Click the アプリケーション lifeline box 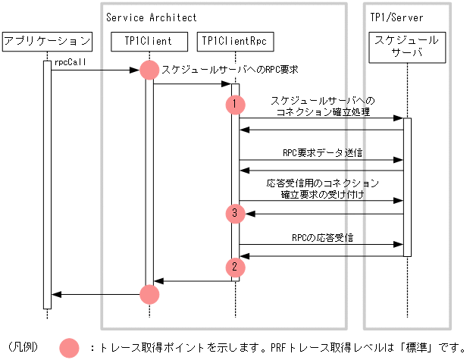pos(47,41)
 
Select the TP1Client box pos(149,41)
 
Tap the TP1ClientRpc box pos(235,41)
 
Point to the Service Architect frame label pos(151,17)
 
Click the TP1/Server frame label pos(396,17)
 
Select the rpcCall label pos(69,64)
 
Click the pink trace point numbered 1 pos(235,104)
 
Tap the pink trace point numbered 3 pos(235,214)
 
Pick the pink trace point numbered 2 pos(235,266)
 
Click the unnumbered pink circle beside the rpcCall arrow pos(149,70)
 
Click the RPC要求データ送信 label pos(321,152)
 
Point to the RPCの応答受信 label pos(322,237)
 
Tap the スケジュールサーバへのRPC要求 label pos(230,69)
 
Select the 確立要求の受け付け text pos(322,195)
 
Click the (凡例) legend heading pos(23,348)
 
